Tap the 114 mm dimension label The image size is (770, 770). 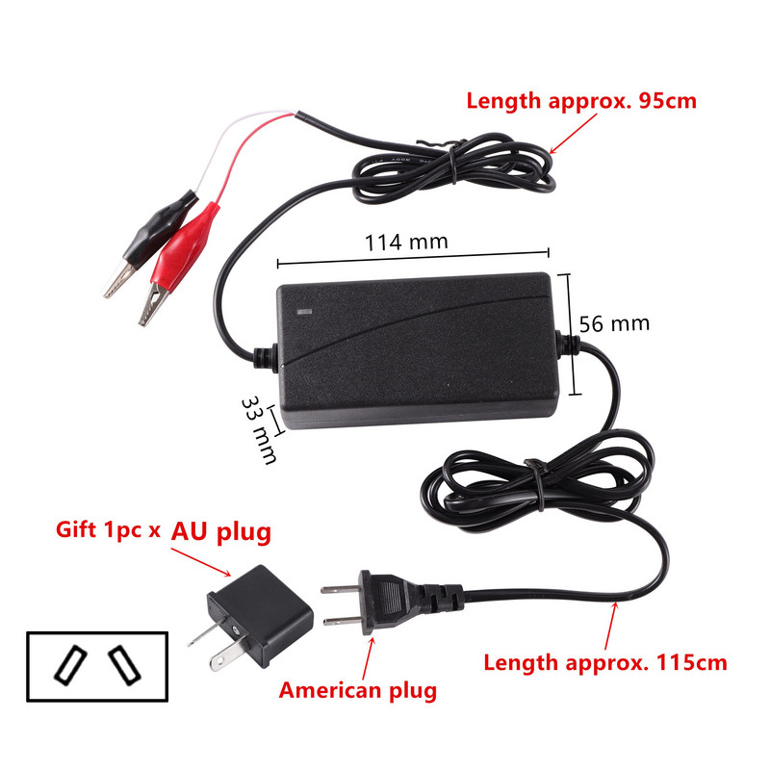[x=406, y=242]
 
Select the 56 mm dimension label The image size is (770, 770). [x=614, y=323]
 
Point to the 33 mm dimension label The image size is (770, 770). [x=257, y=427]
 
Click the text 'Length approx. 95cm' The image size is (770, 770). [x=581, y=100]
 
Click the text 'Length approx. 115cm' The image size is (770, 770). [x=604, y=662]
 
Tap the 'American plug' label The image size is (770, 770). [x=358, y=690]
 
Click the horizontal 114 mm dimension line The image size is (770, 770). [x=413, y=257]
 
